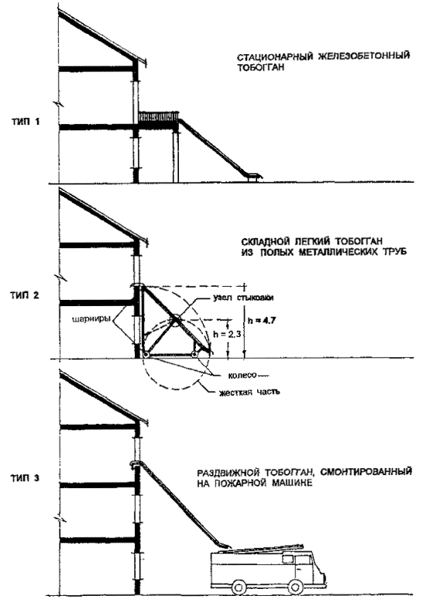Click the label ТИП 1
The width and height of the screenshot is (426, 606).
click(25, 122)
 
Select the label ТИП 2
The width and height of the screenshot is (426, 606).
click(25, 296)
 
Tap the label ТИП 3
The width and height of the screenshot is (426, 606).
click(25, 478)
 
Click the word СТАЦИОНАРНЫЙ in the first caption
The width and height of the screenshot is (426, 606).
click(275, 57)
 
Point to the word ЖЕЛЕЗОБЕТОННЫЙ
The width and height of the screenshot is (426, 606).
click(364, 56)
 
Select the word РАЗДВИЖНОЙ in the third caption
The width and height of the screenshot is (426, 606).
click(228, 473)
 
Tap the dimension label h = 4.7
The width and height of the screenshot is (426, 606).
click(262, 321)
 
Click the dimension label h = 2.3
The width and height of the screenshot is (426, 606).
click(228, 334)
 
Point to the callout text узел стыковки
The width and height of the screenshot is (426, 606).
click(243, 298)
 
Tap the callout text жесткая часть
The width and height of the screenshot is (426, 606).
click(249, 393)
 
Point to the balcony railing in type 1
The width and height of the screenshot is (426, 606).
click(159, 115)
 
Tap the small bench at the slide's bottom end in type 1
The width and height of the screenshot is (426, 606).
click(253, 177)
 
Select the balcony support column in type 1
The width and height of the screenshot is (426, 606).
click(176, 157)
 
